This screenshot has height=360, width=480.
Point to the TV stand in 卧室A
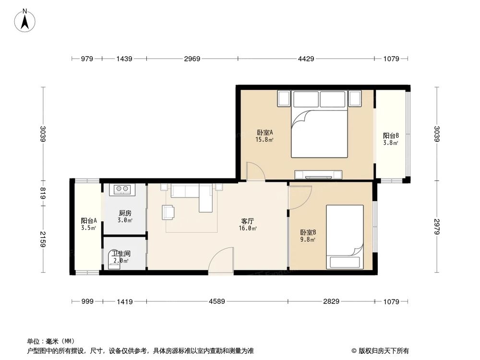(319, 174)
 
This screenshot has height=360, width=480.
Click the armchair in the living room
(168, 212)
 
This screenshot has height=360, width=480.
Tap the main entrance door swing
(221, 261)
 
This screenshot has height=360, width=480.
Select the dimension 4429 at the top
(306, 59)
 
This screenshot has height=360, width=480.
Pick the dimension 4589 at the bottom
(217, 301)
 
